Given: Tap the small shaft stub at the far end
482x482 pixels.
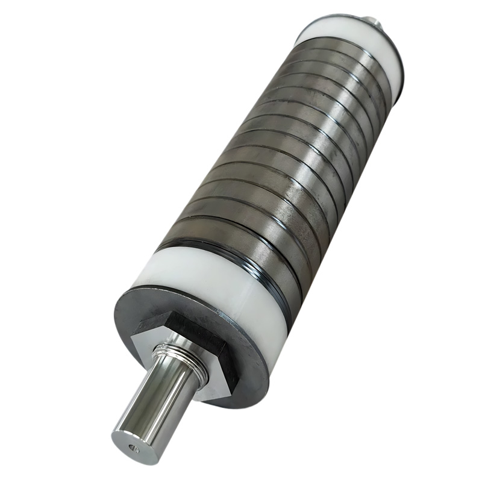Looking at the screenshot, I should click(x=378, y=22).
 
